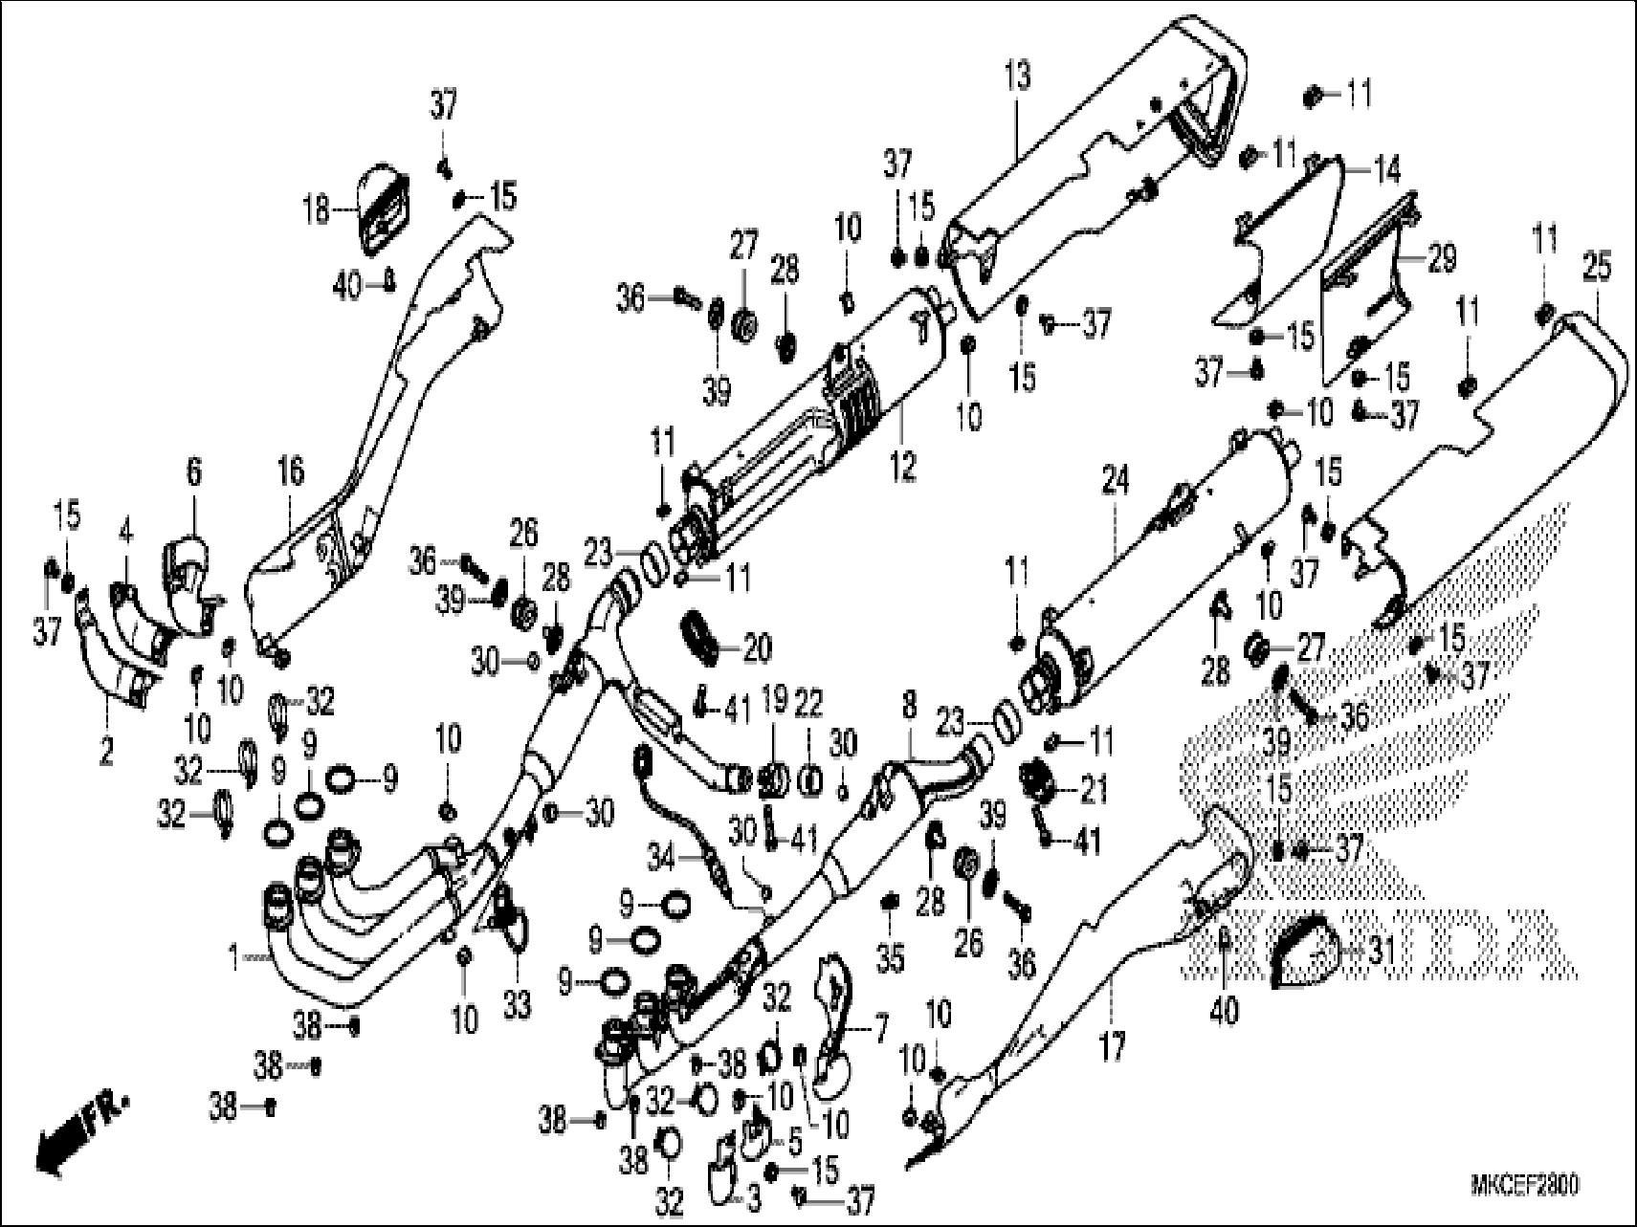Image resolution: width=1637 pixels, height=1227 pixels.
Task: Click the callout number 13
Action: [x=1019, y=74]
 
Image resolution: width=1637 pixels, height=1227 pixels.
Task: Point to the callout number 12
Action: [x=902, y=466]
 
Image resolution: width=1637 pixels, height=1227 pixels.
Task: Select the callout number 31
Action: [x=1381, y=951]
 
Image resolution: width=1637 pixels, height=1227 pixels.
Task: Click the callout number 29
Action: [x=1442, y=257]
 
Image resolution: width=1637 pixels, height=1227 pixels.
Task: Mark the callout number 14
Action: [x=1386, y=170]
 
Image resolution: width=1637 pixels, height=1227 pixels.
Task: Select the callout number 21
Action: [x=1093, y=790]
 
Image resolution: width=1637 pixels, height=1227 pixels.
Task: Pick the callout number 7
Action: [x=878, y=1029]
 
